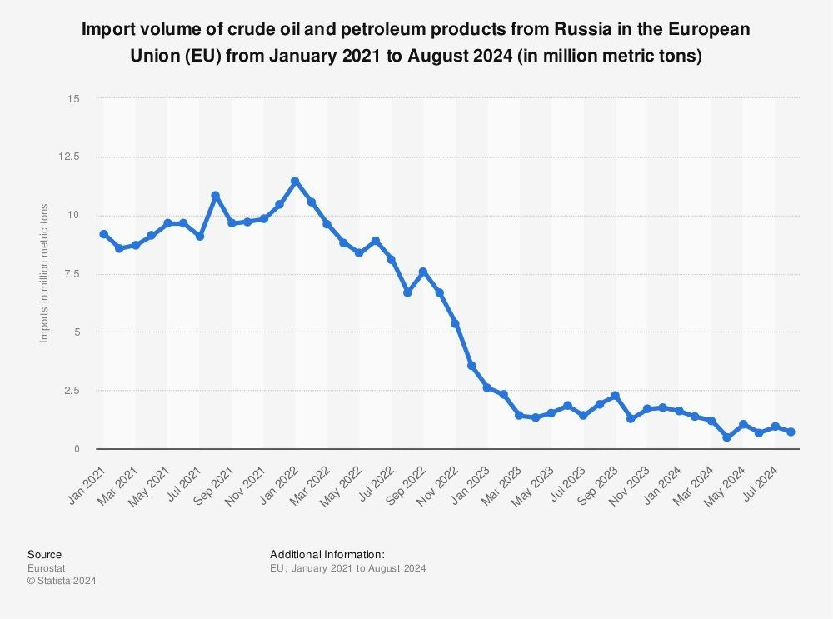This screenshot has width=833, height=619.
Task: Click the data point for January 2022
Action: [295, 181]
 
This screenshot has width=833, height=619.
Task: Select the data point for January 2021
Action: [103, 234]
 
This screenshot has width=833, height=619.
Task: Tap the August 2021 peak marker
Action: [215, 196]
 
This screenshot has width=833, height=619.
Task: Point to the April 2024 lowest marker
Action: [726, 437]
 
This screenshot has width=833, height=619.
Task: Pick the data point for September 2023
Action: [615, 396]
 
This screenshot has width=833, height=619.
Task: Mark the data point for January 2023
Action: [487, 387]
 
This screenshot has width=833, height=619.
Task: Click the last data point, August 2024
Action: [791, 432]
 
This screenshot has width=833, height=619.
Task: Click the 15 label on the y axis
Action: [75, 98]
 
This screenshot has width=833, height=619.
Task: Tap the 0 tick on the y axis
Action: [77, 449]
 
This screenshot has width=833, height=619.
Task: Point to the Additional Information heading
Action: [327, 554]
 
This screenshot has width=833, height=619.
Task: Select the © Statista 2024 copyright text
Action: [62, 582]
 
